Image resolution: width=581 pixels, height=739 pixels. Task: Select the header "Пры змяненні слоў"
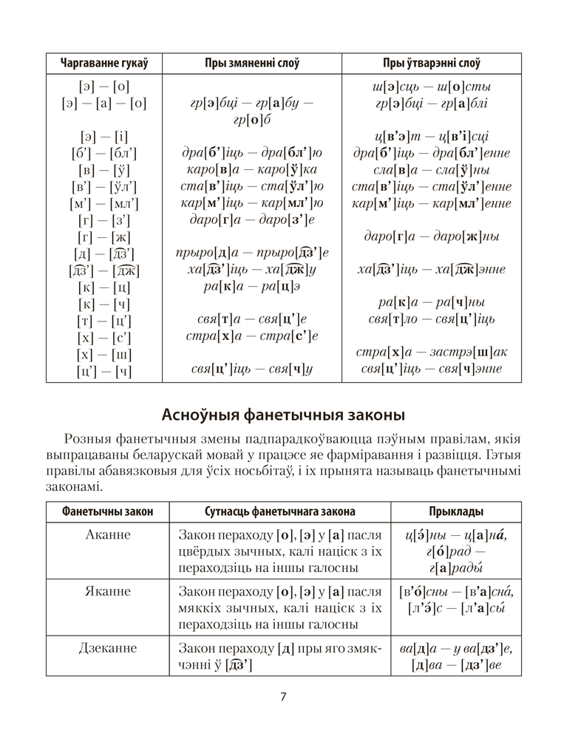point(251,64)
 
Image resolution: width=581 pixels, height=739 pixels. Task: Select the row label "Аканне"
point(108,534)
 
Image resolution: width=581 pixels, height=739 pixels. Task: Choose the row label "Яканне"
point(108,591)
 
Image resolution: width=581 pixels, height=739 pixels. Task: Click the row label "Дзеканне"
point(108,648)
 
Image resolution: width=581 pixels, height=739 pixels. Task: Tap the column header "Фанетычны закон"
point(108,511)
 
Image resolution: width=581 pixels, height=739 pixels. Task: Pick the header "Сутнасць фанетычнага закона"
point(279,511)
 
